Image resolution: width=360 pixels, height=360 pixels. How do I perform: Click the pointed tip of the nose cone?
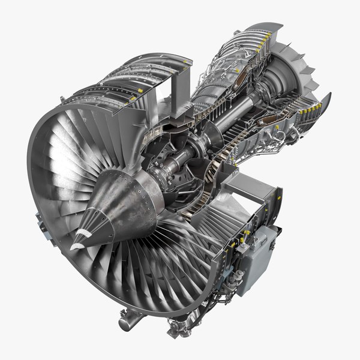(72, 247)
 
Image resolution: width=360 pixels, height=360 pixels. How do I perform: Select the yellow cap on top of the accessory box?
(245, 240)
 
